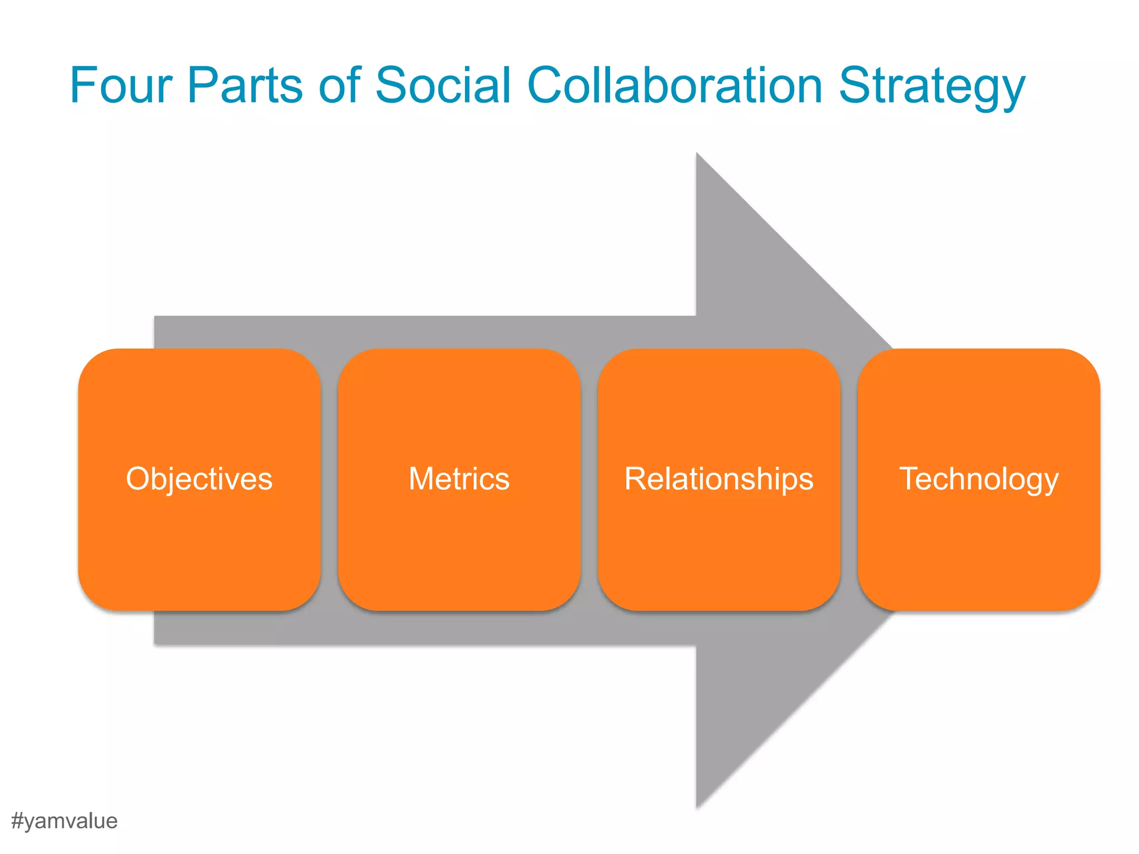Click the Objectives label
pos(199,479)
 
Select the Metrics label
pos(459,479)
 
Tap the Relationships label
pos(719,479)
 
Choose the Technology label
pos(979,480)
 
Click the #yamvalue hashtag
pos(64,821)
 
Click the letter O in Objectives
pos(137,479)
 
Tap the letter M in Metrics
pos(422,479)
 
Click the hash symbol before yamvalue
pos(17,821)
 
